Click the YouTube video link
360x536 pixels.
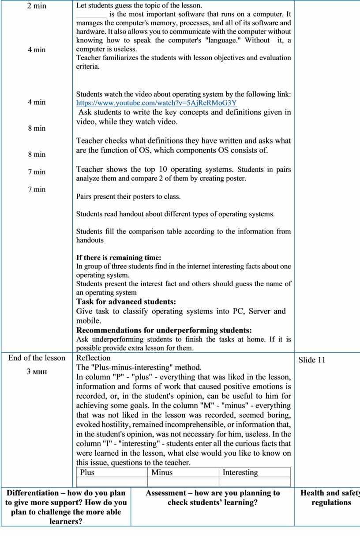[x=156, y=103]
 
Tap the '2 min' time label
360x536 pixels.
[x=37, y=6]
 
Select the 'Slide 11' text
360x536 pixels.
[x=311, y=360]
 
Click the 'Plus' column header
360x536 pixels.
[x=87, y=472]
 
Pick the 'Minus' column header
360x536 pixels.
[x=162, y=472]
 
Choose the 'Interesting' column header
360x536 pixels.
[x=240, y=472]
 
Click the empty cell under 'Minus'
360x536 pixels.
[x=183, y=482]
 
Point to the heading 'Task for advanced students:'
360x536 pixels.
[x=126, y=302]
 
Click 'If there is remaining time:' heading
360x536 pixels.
[x=119, y=257]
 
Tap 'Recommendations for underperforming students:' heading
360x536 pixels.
[x=164, y=330]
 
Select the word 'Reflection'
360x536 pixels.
[x=94, y=358]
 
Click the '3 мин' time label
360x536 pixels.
[x=37, y=371]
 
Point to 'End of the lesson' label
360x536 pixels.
[x=37, y=358]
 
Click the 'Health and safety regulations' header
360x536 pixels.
[x=330, y=498]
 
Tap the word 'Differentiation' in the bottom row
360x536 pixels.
[x=33, y=493]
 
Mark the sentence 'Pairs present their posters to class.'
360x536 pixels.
[x=128, y=196]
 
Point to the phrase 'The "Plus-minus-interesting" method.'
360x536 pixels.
[x=139, y=367]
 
